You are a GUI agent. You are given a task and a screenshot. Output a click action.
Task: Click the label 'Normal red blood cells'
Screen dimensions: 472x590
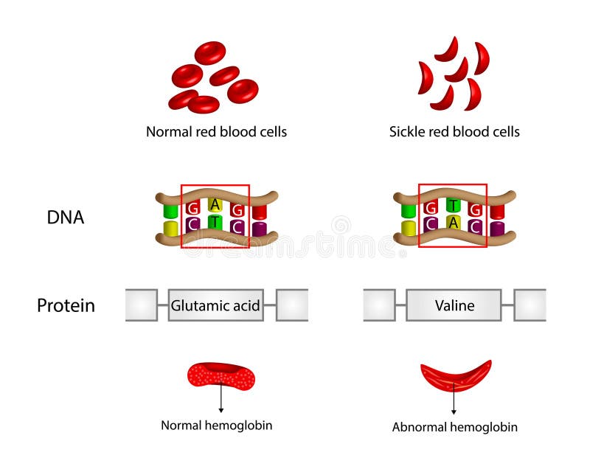(x=216, y=132)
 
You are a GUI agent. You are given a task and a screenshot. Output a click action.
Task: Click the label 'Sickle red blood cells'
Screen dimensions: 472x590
(x=454, y=132)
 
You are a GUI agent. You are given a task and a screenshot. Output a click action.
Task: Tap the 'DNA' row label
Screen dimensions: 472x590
(x=65, y=218)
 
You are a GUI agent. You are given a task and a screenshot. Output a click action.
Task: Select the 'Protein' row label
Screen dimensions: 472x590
(x=66, y=305)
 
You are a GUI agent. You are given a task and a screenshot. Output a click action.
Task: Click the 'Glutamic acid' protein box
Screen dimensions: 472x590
(x=215, y=305)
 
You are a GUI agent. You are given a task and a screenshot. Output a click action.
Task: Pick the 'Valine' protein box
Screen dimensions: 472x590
(x=454, y=305)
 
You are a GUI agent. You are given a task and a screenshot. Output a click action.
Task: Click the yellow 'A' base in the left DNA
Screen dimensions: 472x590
(x=215, y=204)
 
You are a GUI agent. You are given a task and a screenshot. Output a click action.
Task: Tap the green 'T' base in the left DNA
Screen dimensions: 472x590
(x=215, y=221)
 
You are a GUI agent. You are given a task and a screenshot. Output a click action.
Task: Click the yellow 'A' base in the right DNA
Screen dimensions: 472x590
(x=453, y=222)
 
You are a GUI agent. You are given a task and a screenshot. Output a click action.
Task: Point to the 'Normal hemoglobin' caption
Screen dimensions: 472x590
(x=217, y=426)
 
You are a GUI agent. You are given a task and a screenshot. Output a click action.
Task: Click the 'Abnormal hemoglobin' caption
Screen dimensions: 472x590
(x=454, y=427)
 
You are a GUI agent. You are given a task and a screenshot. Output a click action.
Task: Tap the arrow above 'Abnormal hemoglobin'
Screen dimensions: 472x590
(x=454, y=401)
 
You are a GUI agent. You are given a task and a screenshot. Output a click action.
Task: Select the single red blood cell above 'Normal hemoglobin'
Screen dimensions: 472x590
(x=221, y=376)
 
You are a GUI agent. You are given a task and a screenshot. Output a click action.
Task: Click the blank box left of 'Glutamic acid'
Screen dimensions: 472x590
(x=141, y=305)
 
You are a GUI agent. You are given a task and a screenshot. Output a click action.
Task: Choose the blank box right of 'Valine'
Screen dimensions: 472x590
(x=530, y=305)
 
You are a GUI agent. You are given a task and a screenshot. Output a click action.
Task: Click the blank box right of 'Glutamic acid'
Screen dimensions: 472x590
(x=292, y=305)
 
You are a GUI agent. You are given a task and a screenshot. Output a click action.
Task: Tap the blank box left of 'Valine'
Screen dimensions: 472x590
(x=379, y=305)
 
